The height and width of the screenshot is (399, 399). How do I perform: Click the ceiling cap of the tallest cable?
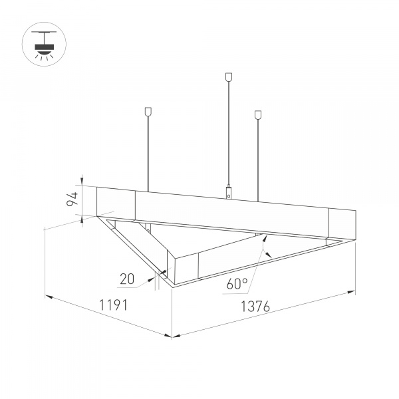[x=229, y=77]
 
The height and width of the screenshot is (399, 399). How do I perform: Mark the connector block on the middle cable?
[x=229, y=194]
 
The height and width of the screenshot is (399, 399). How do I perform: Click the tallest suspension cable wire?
[x=229, y=133]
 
